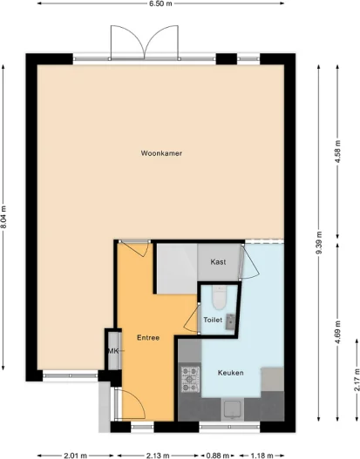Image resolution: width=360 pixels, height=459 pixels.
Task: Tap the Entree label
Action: [147, 337]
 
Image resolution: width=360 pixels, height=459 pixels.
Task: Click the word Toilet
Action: [213, 321]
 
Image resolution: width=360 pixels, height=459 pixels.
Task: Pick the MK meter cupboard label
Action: [112, 350]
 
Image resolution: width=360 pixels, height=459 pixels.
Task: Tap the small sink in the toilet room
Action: [231, 321]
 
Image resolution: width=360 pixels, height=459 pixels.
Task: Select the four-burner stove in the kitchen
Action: [190, 377]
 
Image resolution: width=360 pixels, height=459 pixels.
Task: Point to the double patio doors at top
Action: [144, 43]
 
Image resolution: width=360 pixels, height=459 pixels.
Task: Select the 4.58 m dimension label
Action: [337, 153]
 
